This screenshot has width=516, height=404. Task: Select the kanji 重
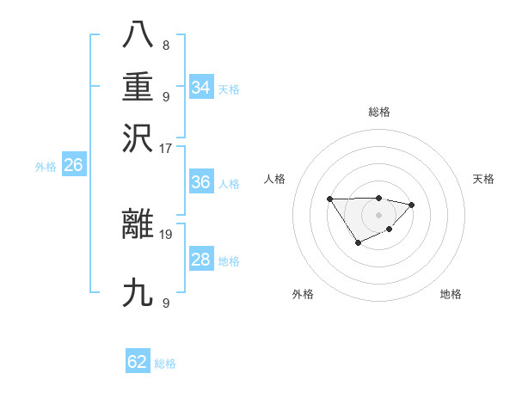pyautogui.click(x=138, y=88)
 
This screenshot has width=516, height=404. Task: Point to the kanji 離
pyautogui.click(x=138, y=224)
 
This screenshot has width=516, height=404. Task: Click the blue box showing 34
pyautogui.click(x=200, y=88)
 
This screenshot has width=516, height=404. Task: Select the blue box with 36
pyautogui.click(x=200, y=182)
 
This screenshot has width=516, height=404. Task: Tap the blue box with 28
pyautogui.click(x=200, y=260)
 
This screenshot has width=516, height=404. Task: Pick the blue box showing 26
pyautogui.click(x=73, y=166)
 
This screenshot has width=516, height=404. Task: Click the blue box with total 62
pyautogui.click(x=138, y=362)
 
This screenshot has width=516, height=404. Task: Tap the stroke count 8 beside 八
pyautogui.click(x=165, y=45)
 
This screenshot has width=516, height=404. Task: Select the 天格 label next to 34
pyautogui.click(x=229, y=89)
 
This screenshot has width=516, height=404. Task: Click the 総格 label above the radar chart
pyautogui.click(x=378, y=112)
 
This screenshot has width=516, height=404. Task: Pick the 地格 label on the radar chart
pyautogui.click(x=451, y=294)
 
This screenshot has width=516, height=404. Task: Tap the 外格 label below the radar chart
pyautogui.click(x=303, y=294)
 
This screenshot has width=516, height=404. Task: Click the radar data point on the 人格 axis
pyautogui.click(x=330, y=199)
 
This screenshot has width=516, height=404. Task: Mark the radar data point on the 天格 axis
pyautogui.click(x=412, y=205)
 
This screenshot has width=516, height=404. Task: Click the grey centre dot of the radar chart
pyautogui.click(x=378, y=215)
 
